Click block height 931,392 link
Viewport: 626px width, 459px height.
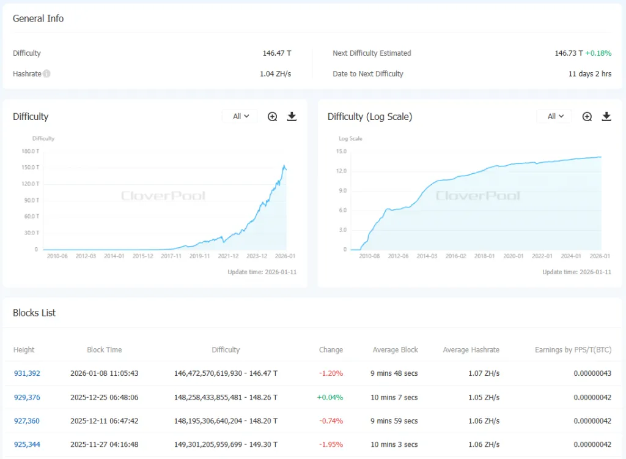tap(27, 373)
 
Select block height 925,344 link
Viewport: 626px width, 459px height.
tap(27, 445)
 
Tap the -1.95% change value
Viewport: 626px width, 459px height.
tap(331, 445)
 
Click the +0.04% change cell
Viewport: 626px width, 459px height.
tap(330, 397)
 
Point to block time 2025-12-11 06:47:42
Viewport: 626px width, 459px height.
tap(104, 421)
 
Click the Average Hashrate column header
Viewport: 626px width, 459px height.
tap(471, 350)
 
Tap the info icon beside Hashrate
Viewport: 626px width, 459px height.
tap(47, 74)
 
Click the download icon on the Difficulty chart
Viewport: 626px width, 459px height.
tap(292, 116)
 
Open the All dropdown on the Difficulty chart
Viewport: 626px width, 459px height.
tap(240, 116)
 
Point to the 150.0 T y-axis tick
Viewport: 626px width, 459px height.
tap(31, 167)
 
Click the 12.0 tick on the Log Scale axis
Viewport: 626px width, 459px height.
tap(341, 171)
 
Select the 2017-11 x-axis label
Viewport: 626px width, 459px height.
tap(171, 256)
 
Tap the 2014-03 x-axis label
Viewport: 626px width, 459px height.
tap(426, 256)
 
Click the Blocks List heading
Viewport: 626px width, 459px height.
tap(34, 313)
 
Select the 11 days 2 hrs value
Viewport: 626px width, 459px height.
tap(589, 74)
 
